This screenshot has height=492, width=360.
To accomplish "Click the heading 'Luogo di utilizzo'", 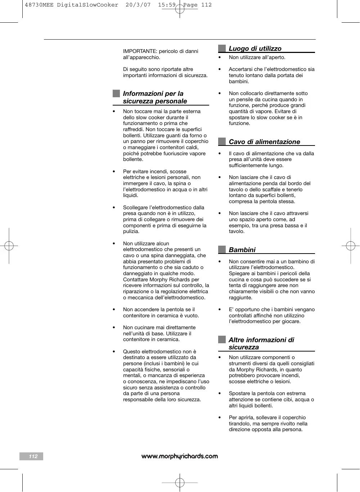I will pyautogui.click(x=255, y=49).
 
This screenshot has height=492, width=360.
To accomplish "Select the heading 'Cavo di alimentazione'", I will pyautogui.click(x=264, y=142).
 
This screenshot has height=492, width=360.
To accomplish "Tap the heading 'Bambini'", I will pyautogui.click(x=242, y=250).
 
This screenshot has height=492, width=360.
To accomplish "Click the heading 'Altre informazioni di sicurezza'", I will pyautogui.click(x=261, y=344).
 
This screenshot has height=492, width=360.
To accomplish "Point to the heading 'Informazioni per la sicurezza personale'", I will pyautogui.click(x=155, y=98).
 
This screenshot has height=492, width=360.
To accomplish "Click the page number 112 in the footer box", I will pyautogui.click(x=33, y=456).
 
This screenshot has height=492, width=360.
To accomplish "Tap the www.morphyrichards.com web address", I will pyautogui.click(x=180, y=456).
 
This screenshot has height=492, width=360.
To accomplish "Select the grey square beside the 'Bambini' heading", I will pyautogui.click(x=222, y=250).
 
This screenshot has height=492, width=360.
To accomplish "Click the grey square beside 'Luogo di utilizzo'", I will pyautogui.click(x=222, y=48).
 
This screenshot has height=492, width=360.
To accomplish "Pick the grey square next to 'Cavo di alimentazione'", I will pyautogui.click(x=222, y=142).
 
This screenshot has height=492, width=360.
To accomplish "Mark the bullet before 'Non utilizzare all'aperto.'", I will pyautogui.click(x=220, y=58).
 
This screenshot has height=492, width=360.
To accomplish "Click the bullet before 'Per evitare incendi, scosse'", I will pyautogui.click(x=114, y=172).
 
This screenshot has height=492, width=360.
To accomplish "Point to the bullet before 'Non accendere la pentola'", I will pyautogui.click(x=114, y=310).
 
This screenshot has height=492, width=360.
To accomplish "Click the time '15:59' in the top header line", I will pyautogui.click(x=167, y=5).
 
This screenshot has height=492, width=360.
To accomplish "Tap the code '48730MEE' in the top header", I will pyautogui.click(x=39, y=5).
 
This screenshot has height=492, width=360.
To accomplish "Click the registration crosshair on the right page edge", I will pyautogui.click(x=350, y=246).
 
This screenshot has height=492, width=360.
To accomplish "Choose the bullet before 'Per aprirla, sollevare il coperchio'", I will pyautogui.click(x=220, y=418).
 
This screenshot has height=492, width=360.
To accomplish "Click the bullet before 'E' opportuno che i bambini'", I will pyautogui.click(x=220, y=310).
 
